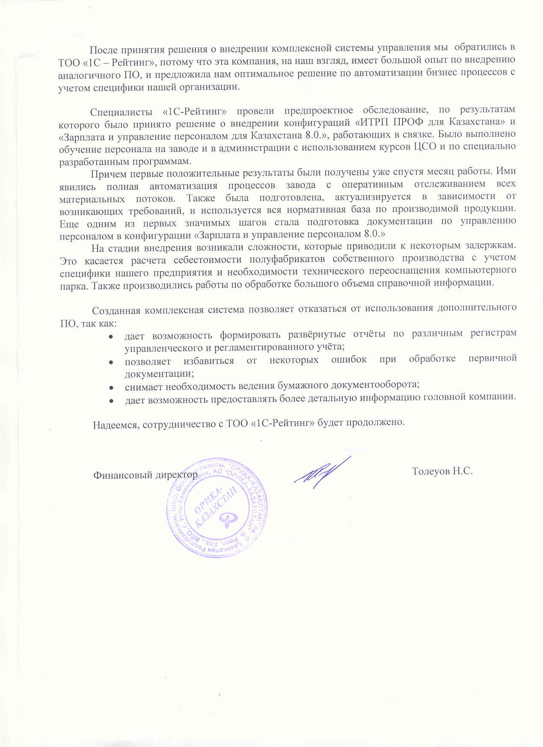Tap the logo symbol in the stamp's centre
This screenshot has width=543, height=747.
pos(227,520)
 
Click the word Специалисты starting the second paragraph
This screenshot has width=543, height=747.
pos(121,112)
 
